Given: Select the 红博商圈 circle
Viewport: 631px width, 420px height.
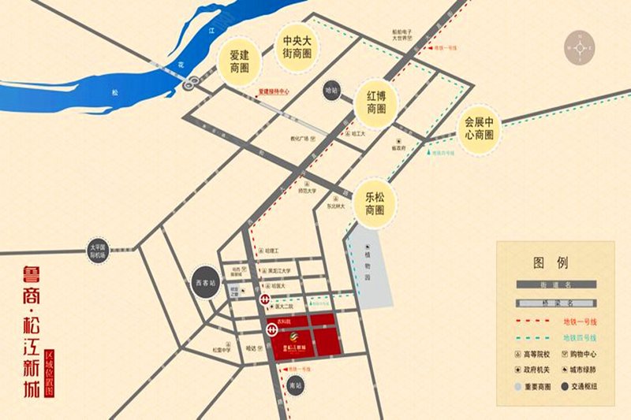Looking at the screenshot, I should pos(375,103).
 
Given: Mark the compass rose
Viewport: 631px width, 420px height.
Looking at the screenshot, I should pos(581,49).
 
